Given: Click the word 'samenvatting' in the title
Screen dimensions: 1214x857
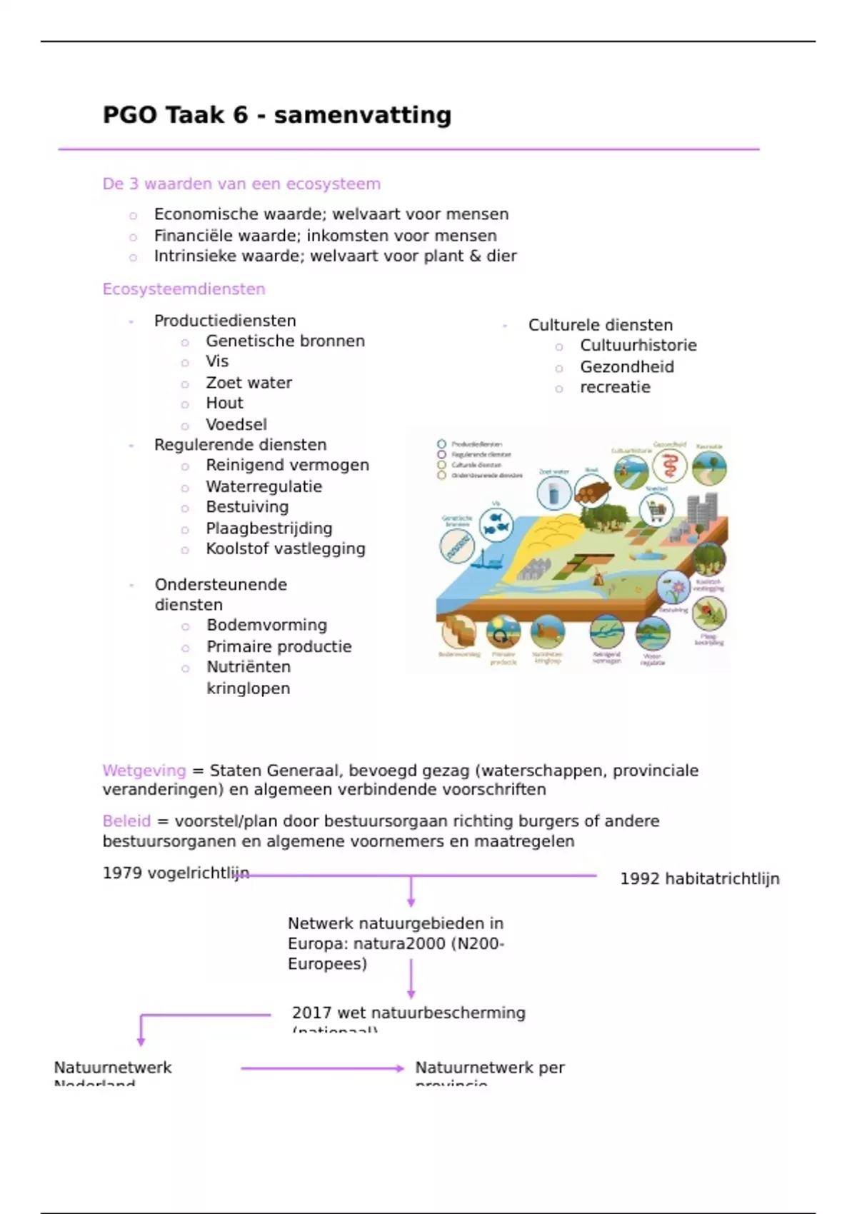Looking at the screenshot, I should (362, 115).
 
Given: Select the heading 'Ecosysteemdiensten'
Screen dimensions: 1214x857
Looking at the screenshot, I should (184, 289).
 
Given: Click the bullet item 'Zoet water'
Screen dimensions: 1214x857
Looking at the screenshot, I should (249, 383).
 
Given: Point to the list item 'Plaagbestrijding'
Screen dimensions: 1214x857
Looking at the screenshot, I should (269, 528).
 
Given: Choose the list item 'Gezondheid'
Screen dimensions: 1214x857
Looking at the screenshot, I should (626, 367).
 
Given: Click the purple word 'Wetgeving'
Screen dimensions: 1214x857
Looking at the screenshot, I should (144, 771).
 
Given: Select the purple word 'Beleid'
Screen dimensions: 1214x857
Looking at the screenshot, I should (126, 821).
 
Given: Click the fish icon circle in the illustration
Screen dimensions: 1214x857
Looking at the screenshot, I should (496, 523).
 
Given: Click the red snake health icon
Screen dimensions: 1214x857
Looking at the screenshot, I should (670, 468).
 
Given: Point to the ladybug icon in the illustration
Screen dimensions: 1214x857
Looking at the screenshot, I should (708, 613).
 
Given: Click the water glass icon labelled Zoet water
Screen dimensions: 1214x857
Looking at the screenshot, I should (553, 493).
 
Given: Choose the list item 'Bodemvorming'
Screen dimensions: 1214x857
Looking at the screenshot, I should (266, 626).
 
